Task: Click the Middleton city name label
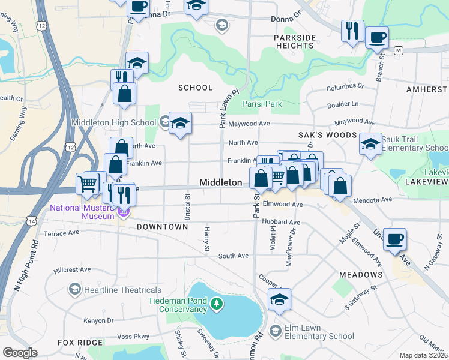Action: (220, 182)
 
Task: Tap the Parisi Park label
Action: (262, 104)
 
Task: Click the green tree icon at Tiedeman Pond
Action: (217, 305)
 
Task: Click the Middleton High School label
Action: (113, 122)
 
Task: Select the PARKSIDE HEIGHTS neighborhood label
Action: (295, 42)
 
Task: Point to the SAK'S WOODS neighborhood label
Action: (328, 136)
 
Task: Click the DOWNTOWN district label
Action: (162, 227)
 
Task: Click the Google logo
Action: (20, 353)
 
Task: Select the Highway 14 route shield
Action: (30, 221)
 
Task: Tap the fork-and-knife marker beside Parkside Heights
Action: (351, 31)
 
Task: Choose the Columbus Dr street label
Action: (346, 88)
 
